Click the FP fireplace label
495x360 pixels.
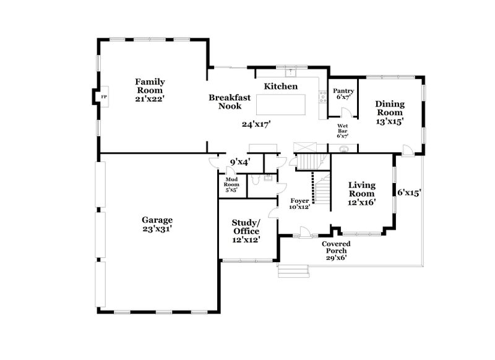coord(104,97)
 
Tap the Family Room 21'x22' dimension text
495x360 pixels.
coord(150,99)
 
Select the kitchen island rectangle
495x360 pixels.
coord(281,105)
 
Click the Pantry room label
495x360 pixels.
coord(343,91)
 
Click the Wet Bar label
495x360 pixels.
coord(343,128)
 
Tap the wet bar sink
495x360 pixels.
coord(343,148)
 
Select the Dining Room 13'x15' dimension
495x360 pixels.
coord(390,121)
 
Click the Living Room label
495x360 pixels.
coord(362,189)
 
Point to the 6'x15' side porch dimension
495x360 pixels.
coord(409,192)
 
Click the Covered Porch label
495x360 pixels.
coord(336,247)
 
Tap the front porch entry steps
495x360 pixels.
coord(293,271)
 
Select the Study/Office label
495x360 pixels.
coord(246,227)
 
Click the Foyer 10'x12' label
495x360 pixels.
coord(299,204)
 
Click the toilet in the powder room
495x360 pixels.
coord(255,179)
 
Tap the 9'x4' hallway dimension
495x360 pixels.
coord(240,162)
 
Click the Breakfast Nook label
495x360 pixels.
coord(230,101)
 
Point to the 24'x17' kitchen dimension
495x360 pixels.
coord(257,124)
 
